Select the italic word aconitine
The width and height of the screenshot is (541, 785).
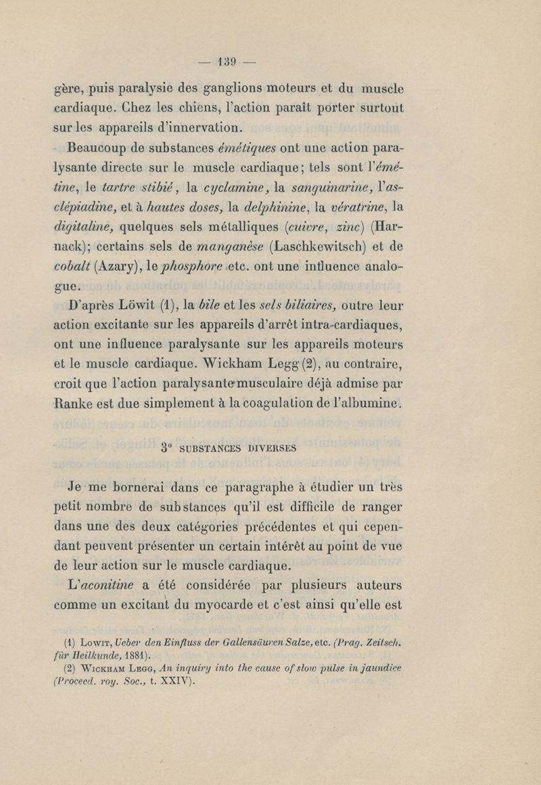tap(112, 582)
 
